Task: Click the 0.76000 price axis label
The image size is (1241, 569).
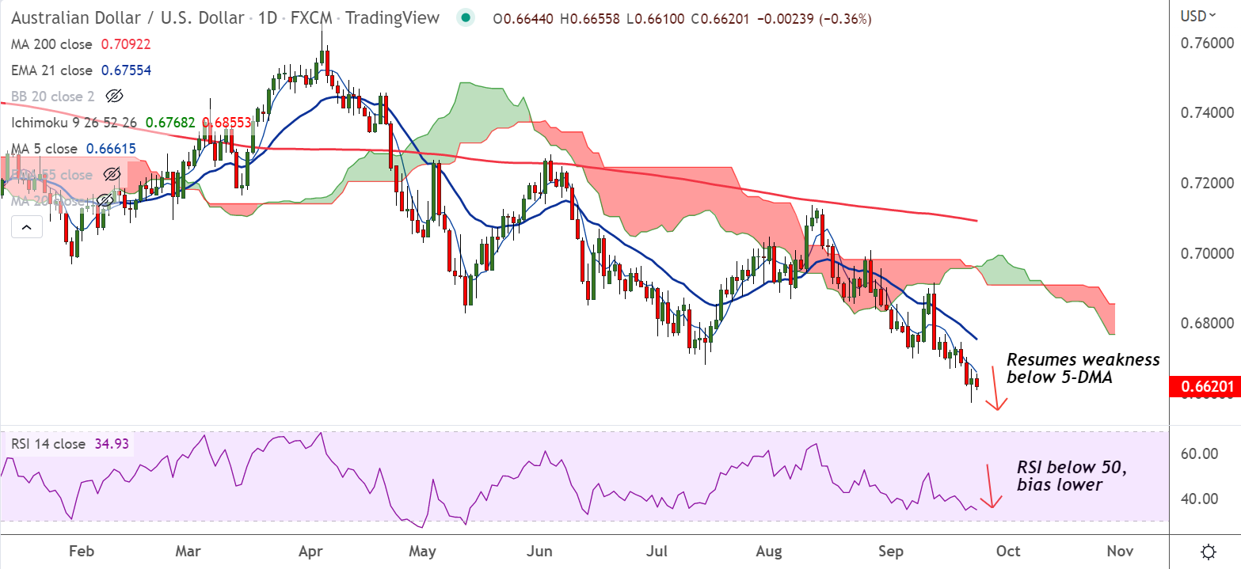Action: point(1200,44)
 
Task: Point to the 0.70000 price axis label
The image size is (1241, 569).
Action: point(1200,253)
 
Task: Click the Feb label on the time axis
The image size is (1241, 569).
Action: point(78,551)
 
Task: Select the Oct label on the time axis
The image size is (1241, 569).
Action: point(1008,551)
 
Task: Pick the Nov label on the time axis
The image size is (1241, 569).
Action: point(1118,551)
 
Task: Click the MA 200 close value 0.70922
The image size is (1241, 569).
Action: point(127,45)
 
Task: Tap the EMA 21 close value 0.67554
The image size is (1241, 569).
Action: point(126,70)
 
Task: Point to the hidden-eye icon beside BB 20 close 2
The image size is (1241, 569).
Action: point(115,97)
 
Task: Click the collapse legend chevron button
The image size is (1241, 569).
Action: point(26,228)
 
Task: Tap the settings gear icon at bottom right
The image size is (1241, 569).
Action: point(1209,551)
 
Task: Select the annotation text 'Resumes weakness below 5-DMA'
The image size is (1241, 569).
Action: point(1082,369)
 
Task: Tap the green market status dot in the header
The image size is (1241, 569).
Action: point(466,17)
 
